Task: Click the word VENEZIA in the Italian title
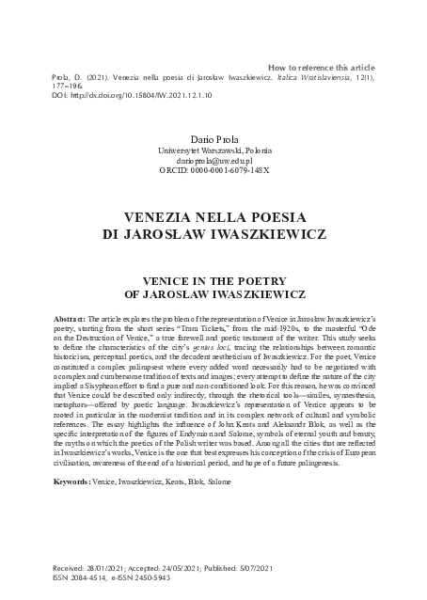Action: [157, 213]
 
